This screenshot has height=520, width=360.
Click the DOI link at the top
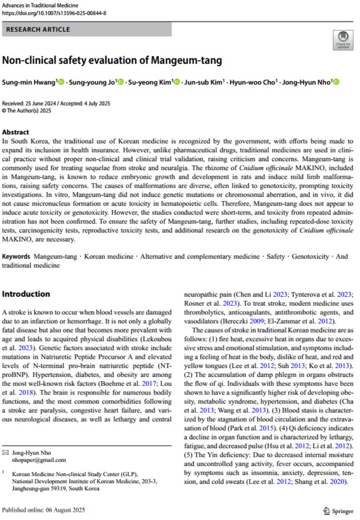pyautogui.click(x=54, y=13)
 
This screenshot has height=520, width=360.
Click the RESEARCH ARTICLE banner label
pyautogui.click(x=38, y=29)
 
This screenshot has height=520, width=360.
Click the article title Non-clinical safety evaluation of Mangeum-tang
pyautogui.click(x=112, y=61)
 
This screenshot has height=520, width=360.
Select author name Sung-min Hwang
pyautogui.click(x=29, y=82)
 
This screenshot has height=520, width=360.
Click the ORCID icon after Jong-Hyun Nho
pyautogui.click(x=337, y=82)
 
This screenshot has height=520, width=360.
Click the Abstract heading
pyautogui.click(x=16, y=132)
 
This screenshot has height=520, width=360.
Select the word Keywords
pyautogui.click(x=16, y=257)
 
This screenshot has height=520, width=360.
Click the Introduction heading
pyautogui.click(x=26, y=294)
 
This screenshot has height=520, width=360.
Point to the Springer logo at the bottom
pyautogui.click(x=338, y=511)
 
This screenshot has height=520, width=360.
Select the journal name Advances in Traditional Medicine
pyautogui.click(x=41, y=5)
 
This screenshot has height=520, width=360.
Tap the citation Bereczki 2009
pyautogui.click(x=204, y=321)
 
